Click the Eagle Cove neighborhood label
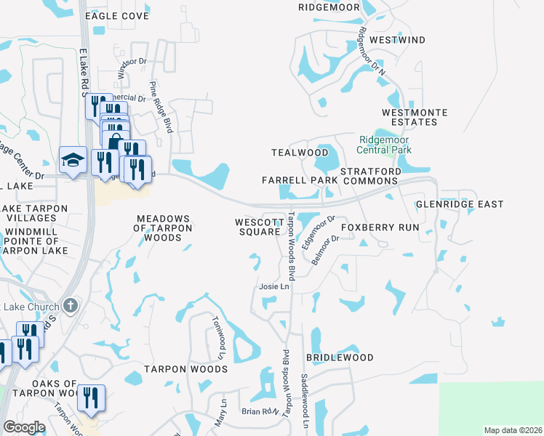(117, 15)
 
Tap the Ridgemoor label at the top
(329, 7)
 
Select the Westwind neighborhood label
(397, 40)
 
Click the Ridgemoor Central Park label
(384, 145)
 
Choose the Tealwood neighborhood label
(300, 153)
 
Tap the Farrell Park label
(300, 179)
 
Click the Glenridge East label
(459, 205)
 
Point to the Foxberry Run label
(381, 227)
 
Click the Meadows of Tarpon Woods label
(164, 228)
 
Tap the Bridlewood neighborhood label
(340, 358)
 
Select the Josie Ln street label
(275, 287)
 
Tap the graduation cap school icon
(73, 161)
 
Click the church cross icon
(70, 305)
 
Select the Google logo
(24, 428)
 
